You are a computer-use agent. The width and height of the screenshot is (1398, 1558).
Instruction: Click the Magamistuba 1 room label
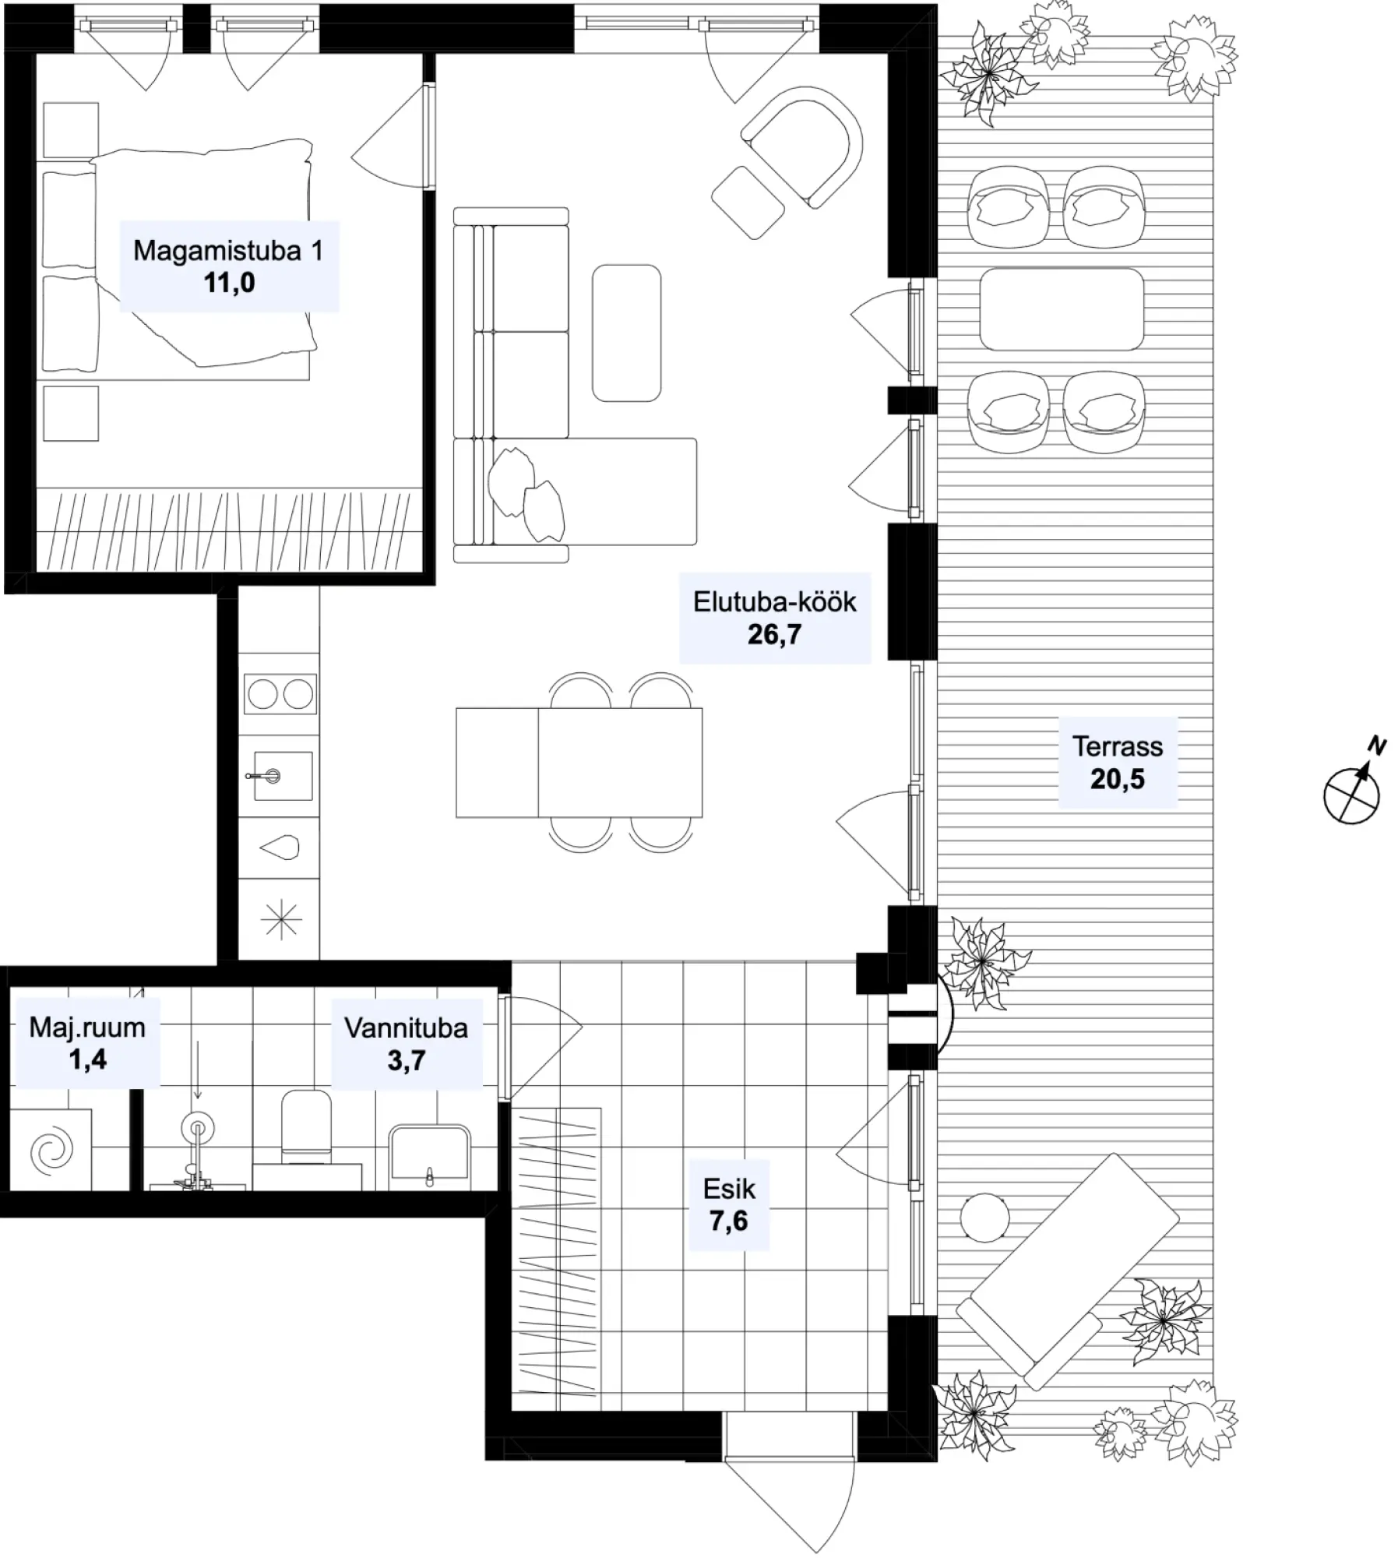[228, 251]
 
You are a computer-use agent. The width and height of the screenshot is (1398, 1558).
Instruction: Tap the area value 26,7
[774, 635]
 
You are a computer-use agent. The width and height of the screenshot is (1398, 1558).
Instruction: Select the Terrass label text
[1118, 747]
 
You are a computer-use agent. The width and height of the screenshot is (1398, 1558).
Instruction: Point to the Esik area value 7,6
[728, 1221]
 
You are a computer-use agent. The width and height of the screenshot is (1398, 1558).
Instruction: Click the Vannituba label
[406, 1028]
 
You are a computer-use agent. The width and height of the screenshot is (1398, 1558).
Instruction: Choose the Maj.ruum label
[87, 1028]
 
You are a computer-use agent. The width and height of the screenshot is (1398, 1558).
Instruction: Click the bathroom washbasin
[429, 1156]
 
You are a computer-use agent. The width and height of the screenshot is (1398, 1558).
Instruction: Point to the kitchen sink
[278, 776]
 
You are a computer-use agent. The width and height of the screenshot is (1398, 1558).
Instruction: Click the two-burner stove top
[280, 694]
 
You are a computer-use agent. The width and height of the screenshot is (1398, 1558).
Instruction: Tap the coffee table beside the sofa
[626, 333]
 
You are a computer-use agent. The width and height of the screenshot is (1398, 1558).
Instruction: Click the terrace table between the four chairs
[1062, 309]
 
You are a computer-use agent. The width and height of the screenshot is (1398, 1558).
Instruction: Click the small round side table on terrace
[984, 1217]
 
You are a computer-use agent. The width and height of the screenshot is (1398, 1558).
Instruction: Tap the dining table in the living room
[579, 763]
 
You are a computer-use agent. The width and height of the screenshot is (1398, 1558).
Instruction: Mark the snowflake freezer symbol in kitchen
[280, 920]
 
